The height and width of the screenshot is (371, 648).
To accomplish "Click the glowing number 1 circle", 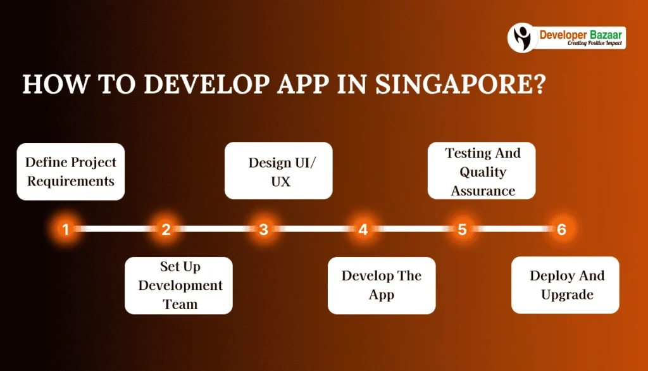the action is pos(65,229).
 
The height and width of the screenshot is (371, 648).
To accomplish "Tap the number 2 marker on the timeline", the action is pos(166,229).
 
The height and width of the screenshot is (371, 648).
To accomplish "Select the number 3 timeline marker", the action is pos(264,229).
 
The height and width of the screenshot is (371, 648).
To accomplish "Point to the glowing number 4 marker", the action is pos(363,229).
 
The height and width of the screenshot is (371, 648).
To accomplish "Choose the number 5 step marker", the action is pos(462,229).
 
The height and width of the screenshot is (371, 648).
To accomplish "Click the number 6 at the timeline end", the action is pos(561,229).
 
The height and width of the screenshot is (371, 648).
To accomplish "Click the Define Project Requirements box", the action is pos(71,172).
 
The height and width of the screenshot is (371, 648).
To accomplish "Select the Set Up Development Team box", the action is pos(178,286).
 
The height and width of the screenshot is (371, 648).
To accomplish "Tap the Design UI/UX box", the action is pos(278,171).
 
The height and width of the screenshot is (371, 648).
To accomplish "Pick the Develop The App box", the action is pos(382,286).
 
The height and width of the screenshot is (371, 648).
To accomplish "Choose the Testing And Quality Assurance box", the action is pos(482,171).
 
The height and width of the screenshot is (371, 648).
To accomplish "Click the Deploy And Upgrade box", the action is pos(565,285).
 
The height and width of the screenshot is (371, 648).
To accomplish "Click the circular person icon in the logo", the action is pos(522,37).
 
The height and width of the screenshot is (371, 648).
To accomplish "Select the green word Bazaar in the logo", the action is pos(606,35).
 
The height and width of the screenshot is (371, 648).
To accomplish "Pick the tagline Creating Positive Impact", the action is pos(594,43).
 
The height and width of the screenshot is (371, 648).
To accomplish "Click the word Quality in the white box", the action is pos(483,172).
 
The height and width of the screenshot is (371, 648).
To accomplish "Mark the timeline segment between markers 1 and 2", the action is pos(116,229).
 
